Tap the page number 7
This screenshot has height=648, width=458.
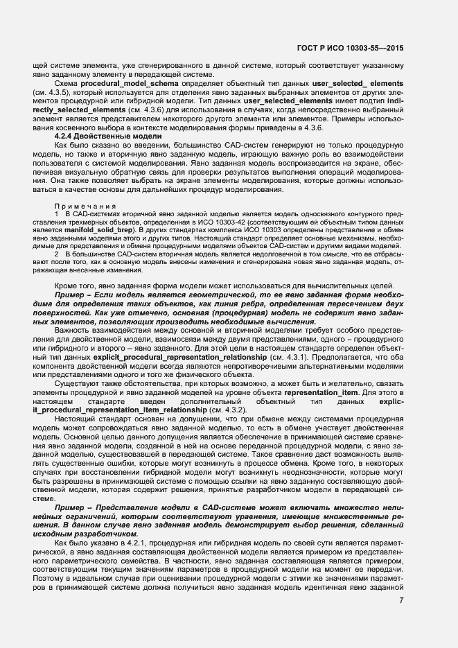tap(400, 600)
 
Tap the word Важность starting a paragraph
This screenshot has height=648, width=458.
tap(71, 330)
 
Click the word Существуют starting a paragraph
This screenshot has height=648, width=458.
tap(77, 385)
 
